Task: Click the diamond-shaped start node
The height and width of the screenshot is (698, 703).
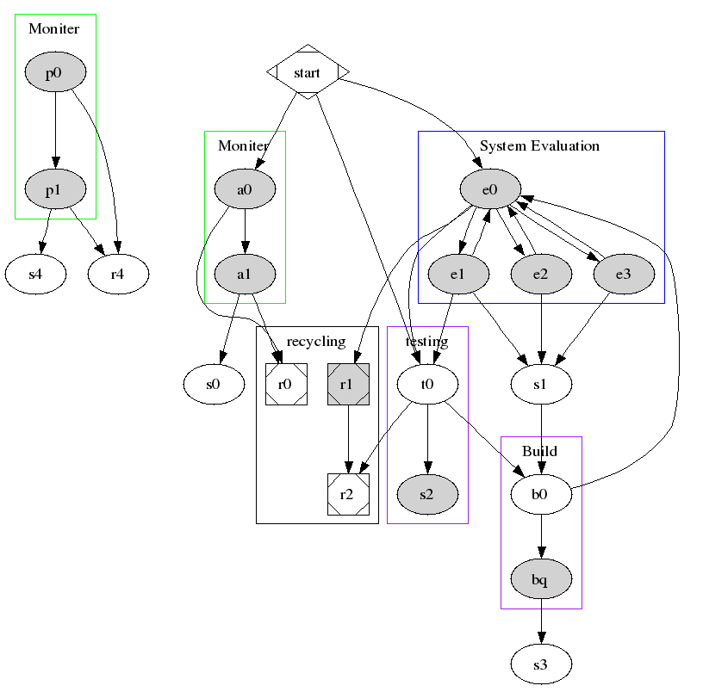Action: point(308,72)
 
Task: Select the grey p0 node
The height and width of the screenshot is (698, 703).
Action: point(54,73)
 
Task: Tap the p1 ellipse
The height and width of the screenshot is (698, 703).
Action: point(54,189)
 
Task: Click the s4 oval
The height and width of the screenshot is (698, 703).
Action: point(35,275)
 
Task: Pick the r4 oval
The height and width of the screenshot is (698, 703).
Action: point(118,275)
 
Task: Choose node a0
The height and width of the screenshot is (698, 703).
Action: point(245,189)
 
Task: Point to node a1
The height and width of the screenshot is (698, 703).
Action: point(245,274)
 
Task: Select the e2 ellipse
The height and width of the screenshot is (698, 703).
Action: point(541,274)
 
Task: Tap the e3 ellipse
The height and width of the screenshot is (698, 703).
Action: point(624,274)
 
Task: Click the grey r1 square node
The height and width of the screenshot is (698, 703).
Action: point(348,384)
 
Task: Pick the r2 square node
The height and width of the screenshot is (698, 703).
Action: point(348,494)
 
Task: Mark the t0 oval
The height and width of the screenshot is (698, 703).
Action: point(427,384)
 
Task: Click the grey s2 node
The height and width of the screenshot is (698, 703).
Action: point(427,494)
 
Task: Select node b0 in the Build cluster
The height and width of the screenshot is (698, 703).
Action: point(541,494)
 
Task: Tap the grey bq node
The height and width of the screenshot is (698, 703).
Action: point(541,580)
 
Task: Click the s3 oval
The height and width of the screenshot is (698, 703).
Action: point(541,664)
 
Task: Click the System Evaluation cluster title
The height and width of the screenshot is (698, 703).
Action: point(539,145)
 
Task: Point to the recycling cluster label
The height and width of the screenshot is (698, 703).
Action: point(316,342)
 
